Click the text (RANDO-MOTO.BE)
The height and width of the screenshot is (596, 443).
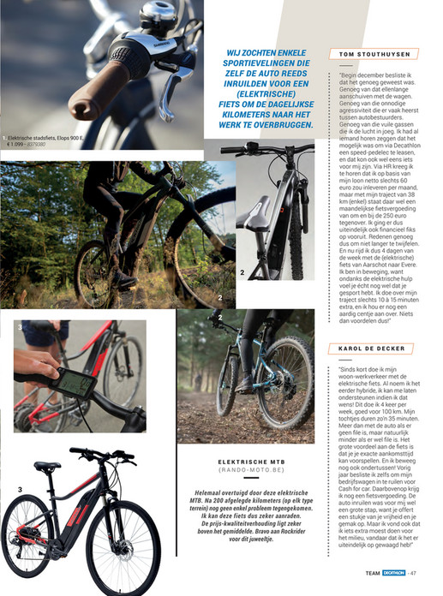tap(252, 473)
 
